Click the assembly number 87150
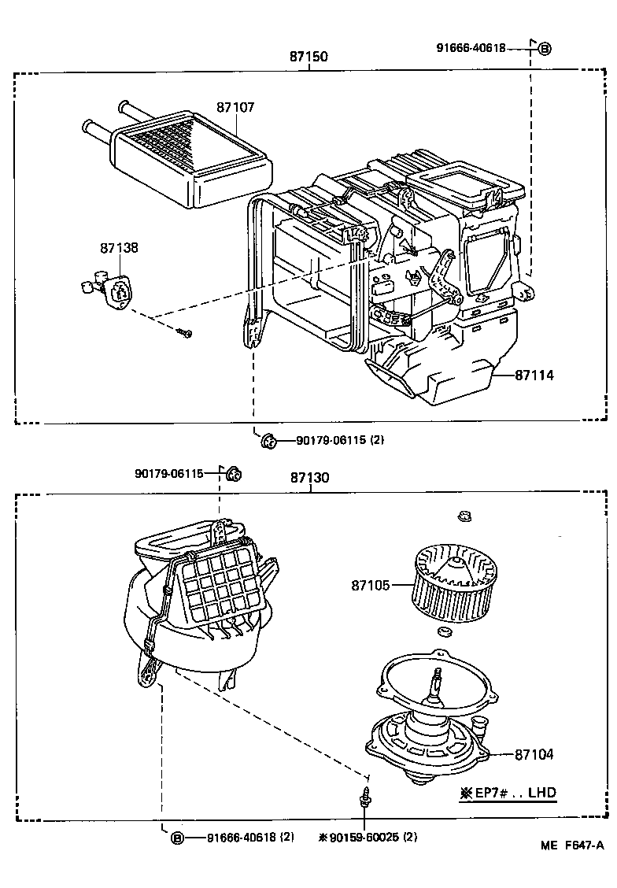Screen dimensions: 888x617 pyautogui.click(x=308, y=57)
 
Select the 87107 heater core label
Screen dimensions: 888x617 pyautogui.click(x=235, y=107)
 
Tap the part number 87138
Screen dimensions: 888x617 pyautogui.click(x=119, y=247)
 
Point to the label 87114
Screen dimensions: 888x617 pyautogui.click(x=534, y=376)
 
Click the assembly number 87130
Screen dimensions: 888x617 pyautogui.click(x=308, y=478)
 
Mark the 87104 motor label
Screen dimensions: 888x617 pyautogui.click(x=534, y=754)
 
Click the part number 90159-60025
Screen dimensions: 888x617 pyautogui.click(x=364, y=838)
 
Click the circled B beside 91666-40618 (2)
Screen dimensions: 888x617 pyautogui.click(x=178, y=838)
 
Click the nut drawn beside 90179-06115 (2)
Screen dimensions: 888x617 pyautogui.click(x=267, y=441)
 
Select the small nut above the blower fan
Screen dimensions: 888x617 pyautogui.click(x=464, y=517)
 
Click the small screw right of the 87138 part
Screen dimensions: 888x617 pyautogui.click(x=186, y=333)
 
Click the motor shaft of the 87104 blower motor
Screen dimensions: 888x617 pyautogui.click(x=434, y=680)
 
